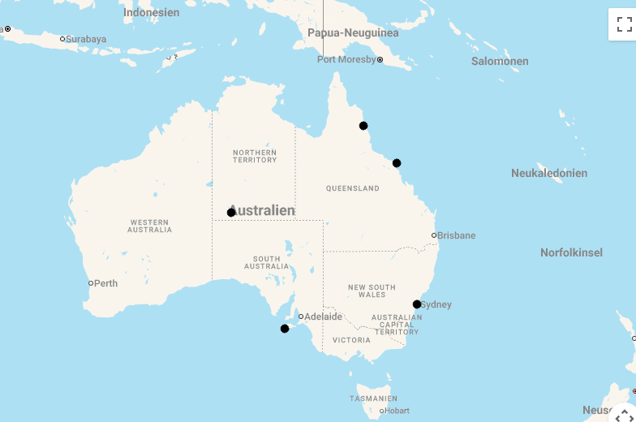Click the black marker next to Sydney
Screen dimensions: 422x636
pos(417,304)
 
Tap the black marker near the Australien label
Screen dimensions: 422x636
pos(231,213)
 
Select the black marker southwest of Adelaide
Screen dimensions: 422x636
pos(285,329)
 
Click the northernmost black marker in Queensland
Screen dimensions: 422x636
pos(363,126)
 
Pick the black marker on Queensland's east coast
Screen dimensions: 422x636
pos(397,163)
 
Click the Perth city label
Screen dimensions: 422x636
pos(105,283)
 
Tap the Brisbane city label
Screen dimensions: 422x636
pos(456,235)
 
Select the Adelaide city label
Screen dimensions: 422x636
pos(322,316)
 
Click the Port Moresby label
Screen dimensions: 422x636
pos(346,59)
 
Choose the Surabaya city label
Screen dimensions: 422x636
pos(85,39)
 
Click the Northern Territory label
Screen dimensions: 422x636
pos(255,156)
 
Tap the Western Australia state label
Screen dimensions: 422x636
pos(149,226)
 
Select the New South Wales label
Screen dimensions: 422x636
pos(372,291)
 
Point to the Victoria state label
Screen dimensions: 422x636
pos(351,340)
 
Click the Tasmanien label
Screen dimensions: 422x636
pos(373,398)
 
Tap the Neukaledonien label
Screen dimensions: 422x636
pos(549,173)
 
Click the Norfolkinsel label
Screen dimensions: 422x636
pos(571,252)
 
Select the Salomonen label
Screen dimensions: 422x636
pos(500,61)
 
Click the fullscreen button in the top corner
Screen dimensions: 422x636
pos(623,24)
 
